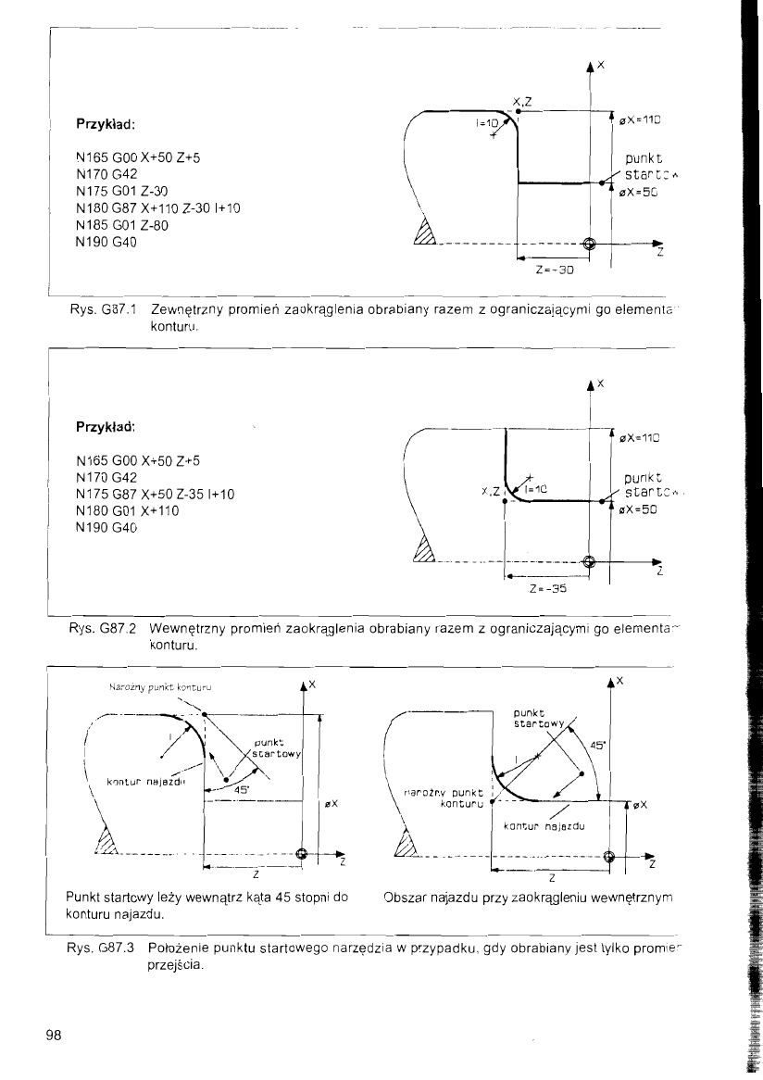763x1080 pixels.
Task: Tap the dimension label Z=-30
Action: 555,271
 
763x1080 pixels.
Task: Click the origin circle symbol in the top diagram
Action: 589,245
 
